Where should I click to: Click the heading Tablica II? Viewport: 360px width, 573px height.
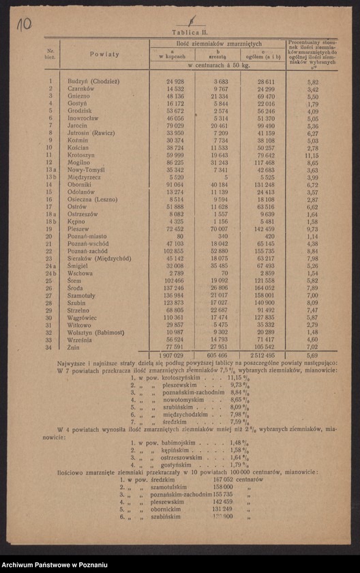tap(180, 32)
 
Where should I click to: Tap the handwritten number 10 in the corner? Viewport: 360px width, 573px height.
tap(23, 25)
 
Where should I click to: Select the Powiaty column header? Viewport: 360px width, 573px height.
tap(104, 54)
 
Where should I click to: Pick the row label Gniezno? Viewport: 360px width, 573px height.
tap(79, 96)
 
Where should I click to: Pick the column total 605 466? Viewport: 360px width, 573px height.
tap(217, 355)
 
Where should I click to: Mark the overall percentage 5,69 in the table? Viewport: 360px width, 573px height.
tap(312, 355)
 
